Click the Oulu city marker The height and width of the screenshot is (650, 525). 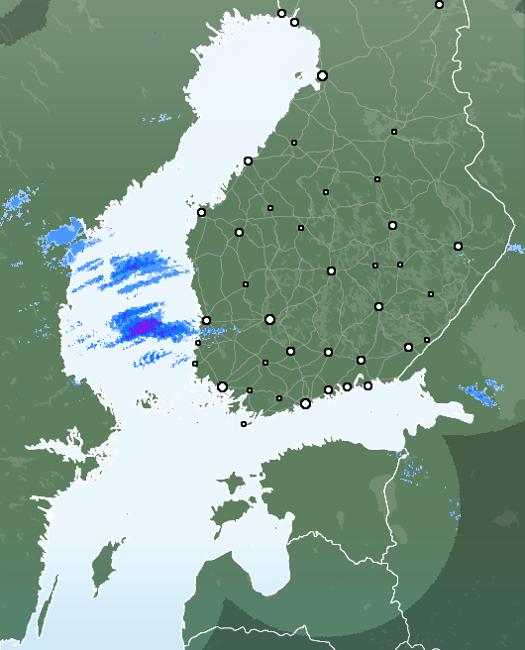point(322,75)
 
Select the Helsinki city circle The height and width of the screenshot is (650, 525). point(305,403)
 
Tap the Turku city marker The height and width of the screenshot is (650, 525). point(222,387)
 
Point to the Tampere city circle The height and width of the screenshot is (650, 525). point(269,319)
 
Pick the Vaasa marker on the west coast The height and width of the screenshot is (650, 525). point(201,212)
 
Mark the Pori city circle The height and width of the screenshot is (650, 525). point(206,320)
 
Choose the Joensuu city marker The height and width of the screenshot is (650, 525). point(458,246)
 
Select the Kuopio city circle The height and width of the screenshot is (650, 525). point(392,225)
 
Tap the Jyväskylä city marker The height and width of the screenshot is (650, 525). point(331,271)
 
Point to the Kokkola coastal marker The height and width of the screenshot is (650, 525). point(248,161)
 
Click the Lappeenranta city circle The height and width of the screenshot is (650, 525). point(408,347)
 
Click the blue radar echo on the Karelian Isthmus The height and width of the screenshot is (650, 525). point(482,394)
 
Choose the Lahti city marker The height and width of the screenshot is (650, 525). point(328,352)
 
